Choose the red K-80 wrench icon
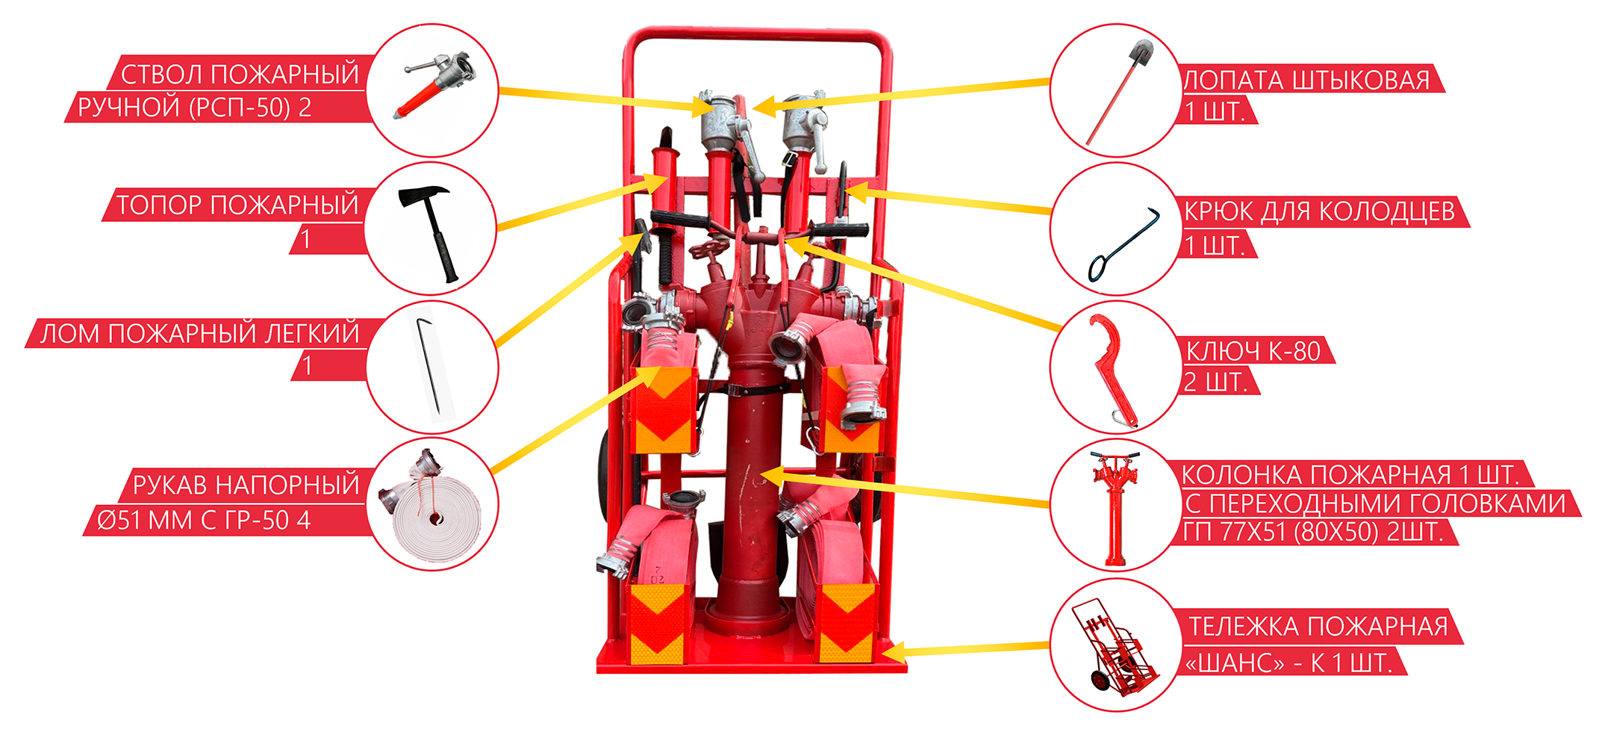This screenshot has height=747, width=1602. pyautogui.click(x=1112, y=370)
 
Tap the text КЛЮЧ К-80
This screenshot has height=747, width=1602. pyautogui.click(x=1253, y=350)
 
